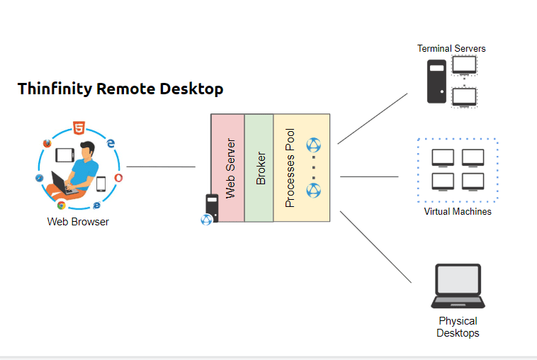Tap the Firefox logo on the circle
[x=47, y=142]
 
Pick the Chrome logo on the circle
[x=62, y=206]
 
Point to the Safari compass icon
[x=40, y=178]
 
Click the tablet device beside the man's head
[x=65, y=154]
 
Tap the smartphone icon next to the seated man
[x=101, y=184]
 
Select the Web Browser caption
[x=78, y=222]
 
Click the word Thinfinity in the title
[x=55, y=89]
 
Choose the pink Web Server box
[x=227, y=167]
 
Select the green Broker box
[x=259, y=167]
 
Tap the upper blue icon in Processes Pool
[x=313, y=145]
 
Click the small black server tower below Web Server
[x=211, y=206]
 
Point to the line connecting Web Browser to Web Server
[x=161, y=167]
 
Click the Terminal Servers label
[x=451, y=49]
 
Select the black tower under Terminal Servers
[x=436, y=81]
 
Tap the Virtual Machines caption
[x=457, y=211]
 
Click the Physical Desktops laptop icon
[x=458, y=286]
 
